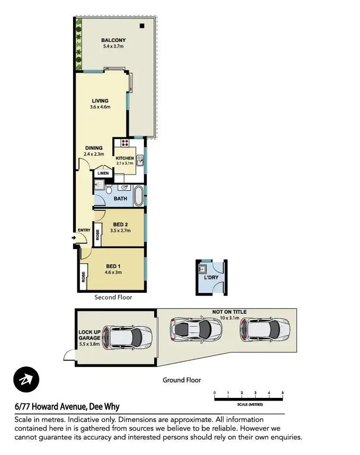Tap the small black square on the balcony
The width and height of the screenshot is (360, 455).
tap(142, 26)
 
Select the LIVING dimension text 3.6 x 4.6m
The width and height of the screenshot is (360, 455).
tap(100, 107)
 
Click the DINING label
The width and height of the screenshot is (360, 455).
tap(94, 148)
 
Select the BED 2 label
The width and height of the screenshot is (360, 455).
tap(120, 224)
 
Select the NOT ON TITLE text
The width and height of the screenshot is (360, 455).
tap(229, 312)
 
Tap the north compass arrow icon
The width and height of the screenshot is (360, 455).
tap(26, 379)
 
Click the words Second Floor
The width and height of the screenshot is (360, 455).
tap(113, 298)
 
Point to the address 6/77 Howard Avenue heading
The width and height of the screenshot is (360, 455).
tap(68, 407)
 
